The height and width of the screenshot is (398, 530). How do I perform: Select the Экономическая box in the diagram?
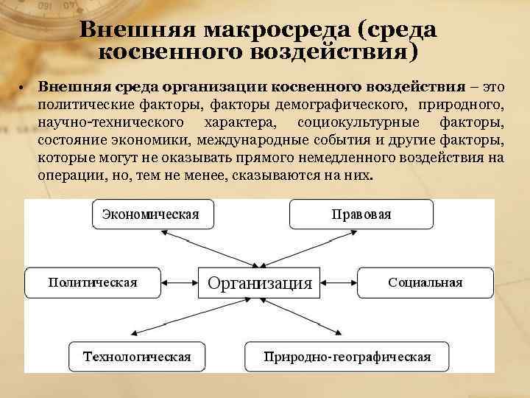pos(151,214)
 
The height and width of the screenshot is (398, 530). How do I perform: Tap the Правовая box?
pos(361,214)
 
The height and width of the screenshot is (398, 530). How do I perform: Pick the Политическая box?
pos(92,282)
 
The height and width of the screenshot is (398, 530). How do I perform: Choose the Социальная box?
pos(425,282)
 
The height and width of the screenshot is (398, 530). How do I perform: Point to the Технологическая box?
pos(137,357)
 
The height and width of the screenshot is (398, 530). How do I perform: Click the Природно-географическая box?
pos(347,357)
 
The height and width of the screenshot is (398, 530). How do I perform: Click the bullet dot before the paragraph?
pos(24,88)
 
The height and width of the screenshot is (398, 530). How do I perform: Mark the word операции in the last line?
pos(68,177)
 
